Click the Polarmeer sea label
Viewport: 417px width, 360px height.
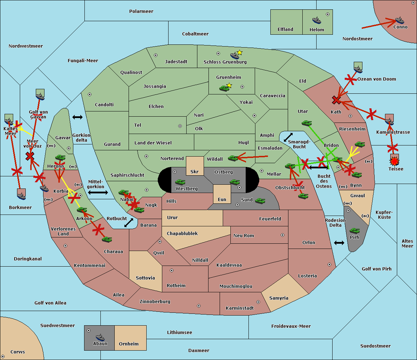pyautogui.click(x=141, y=11)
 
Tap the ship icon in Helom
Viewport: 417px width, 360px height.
pyautogui.click(x=316, y=20)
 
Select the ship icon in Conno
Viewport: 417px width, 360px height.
pyautogui.click(x=399, y=20)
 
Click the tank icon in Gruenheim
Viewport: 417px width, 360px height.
pyautogui.click(x=224, y=88)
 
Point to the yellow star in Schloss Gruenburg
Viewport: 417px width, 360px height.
pyautogui.click(x=239, y=52)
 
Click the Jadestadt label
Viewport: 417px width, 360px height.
pyautogui.click(x=176, y=62)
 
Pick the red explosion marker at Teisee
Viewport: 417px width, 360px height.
pyautogui.click(x=394, y=161)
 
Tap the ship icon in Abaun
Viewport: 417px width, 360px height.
pyautogui.click(x=100, y=337)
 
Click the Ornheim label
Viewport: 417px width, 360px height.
pyautogui.click(x=129, y=344)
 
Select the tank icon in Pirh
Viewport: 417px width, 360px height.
pyautogui.click(x=354, y=231)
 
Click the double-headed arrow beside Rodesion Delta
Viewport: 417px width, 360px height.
pyautogui.click(x=339, y=243)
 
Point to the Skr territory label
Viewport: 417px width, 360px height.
pyautogui.click(x=194, y=172)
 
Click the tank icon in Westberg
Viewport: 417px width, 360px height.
pyautogui.click(x=180, y=182)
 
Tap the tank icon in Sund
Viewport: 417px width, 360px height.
pyautogui.click(x=260, y=201)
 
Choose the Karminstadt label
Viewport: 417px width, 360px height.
pyautogui.click(x=240, y=308)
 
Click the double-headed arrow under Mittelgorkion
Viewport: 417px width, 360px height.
pyautogui.click(x=98, y=192)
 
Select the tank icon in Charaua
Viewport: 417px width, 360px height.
pyautogui.click(x=107, y=239)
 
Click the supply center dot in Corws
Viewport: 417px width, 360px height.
pyautogui.click(x=3, y=357)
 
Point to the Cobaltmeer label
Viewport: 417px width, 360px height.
pyautogui.click(x=195, y=34)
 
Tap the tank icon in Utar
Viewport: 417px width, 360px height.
pyautogui.click(x=306, y=123)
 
